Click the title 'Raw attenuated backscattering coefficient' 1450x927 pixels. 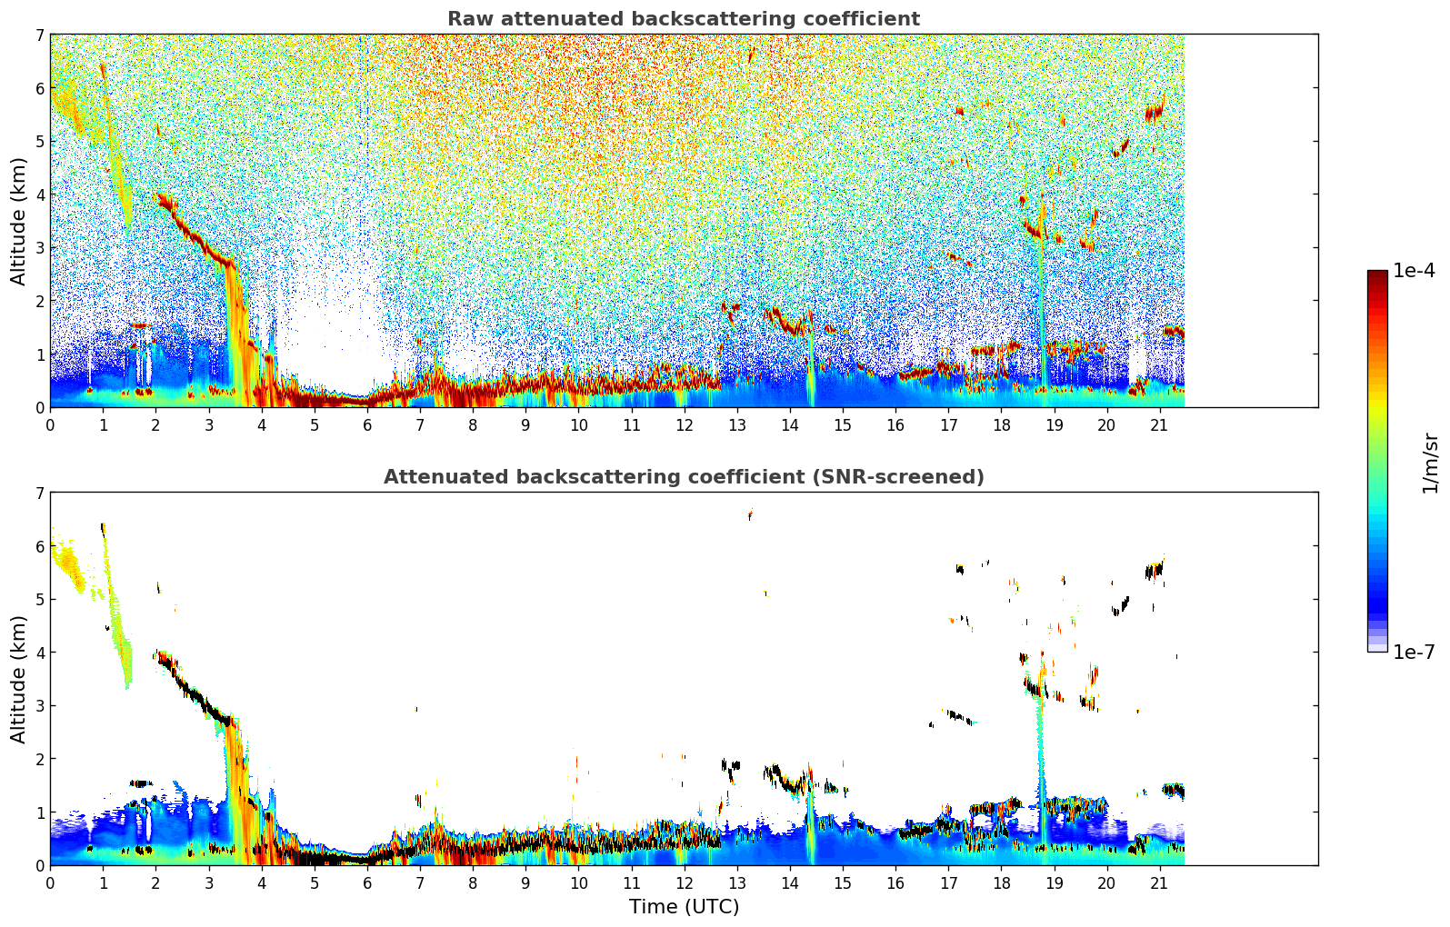(x=684, y=19)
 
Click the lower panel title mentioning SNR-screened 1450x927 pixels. (x=684, y=477)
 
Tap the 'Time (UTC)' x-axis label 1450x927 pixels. (x=684, y=907)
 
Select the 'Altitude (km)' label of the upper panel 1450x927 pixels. (x=19, y=221)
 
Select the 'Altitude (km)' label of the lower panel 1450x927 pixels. (x=19, y=679)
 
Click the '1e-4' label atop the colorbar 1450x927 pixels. (x=1414, y=271)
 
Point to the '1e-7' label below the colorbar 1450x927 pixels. (x=1414, y=652)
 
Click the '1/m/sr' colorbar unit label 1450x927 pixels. (x=1430, y=463)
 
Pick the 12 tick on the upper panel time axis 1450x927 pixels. (x=684, y=425)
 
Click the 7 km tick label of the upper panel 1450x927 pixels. (x=39, y=35)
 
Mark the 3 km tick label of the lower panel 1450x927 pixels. (x=39, y=706)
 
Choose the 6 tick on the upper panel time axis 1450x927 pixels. (x=367, y=425)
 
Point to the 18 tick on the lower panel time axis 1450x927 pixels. (x=1001, y=883)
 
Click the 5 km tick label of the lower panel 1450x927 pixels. (x=39, y=600)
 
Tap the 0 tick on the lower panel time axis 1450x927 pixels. (x=50, y=883)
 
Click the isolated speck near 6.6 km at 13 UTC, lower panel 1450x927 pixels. (x=750, y=515)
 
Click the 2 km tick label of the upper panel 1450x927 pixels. (x=39, y=301)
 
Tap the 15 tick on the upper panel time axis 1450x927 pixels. (x=843, y=425)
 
